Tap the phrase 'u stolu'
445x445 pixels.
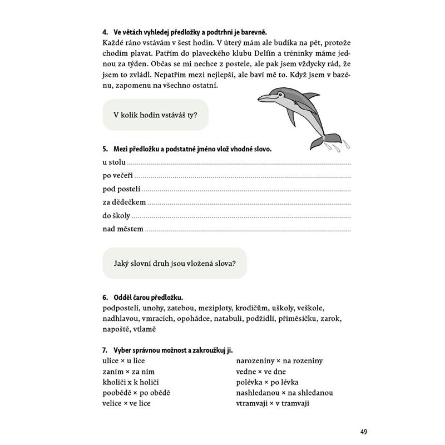coord(115,162)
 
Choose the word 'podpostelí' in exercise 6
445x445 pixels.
coord(121,308)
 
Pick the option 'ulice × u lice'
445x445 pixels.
coord(122,360)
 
